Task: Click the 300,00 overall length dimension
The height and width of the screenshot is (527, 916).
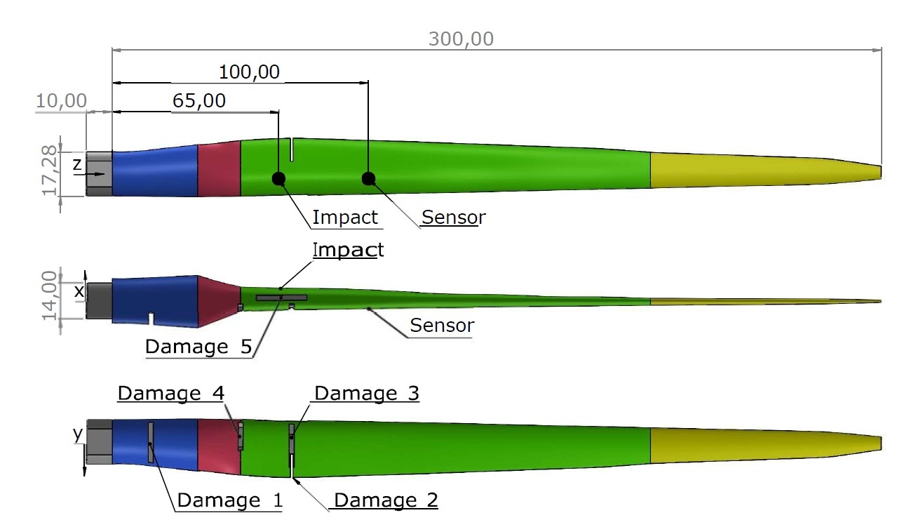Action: click(461, 39)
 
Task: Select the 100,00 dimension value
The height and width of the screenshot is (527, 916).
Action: click(249, 72)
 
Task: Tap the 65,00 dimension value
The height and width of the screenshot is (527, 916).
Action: click(199, 101)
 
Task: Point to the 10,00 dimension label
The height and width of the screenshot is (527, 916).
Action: click(61, 101)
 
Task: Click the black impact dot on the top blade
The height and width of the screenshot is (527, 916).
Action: click(278, 178)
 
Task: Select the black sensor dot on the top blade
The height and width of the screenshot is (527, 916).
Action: click(368, 178)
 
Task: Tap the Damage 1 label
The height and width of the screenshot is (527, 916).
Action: click(229, 500)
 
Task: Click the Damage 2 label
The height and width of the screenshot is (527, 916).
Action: click(386, 500)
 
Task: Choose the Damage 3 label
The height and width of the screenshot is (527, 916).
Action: click(366, 393)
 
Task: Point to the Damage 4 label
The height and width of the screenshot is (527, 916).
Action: click(170, 393)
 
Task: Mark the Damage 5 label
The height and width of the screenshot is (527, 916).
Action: click(198, 347)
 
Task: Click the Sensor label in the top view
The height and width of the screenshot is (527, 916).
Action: click(452, 218)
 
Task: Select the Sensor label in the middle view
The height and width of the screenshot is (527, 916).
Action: click(442, 326)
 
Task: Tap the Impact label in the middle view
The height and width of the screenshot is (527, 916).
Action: click(349, 250)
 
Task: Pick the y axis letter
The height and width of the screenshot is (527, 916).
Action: click(77, 434)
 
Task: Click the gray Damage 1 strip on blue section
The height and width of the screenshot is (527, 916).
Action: click(150, 442)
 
